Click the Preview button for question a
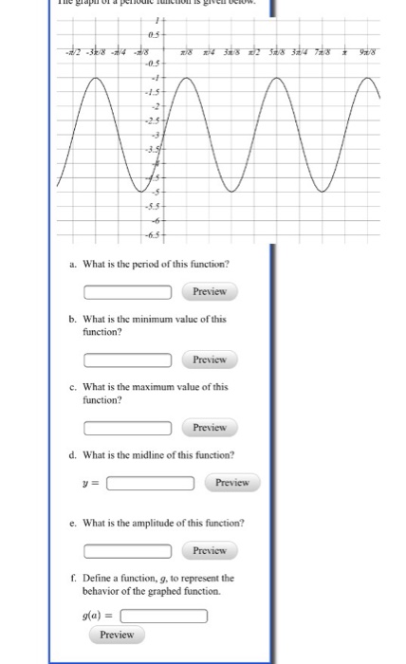click(x=212, y=291)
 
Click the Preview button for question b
click(x=212, y=360)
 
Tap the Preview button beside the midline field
click(x=232, y=482)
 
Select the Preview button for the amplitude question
click(x=212, y=550)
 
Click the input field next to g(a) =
click(x=163, y=616)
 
